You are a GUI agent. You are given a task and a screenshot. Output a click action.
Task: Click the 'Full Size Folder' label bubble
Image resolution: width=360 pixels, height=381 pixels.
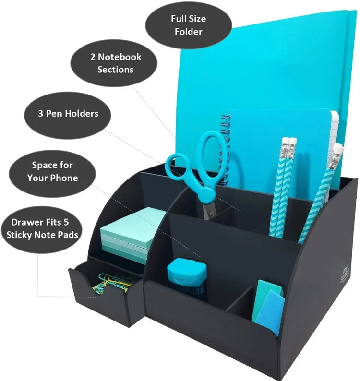(188, 25)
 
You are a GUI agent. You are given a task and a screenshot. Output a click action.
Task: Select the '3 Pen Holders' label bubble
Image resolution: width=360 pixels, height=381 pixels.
(68, 114)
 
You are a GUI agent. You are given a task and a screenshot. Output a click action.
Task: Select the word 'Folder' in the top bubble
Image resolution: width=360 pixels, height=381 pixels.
(188, 32)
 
